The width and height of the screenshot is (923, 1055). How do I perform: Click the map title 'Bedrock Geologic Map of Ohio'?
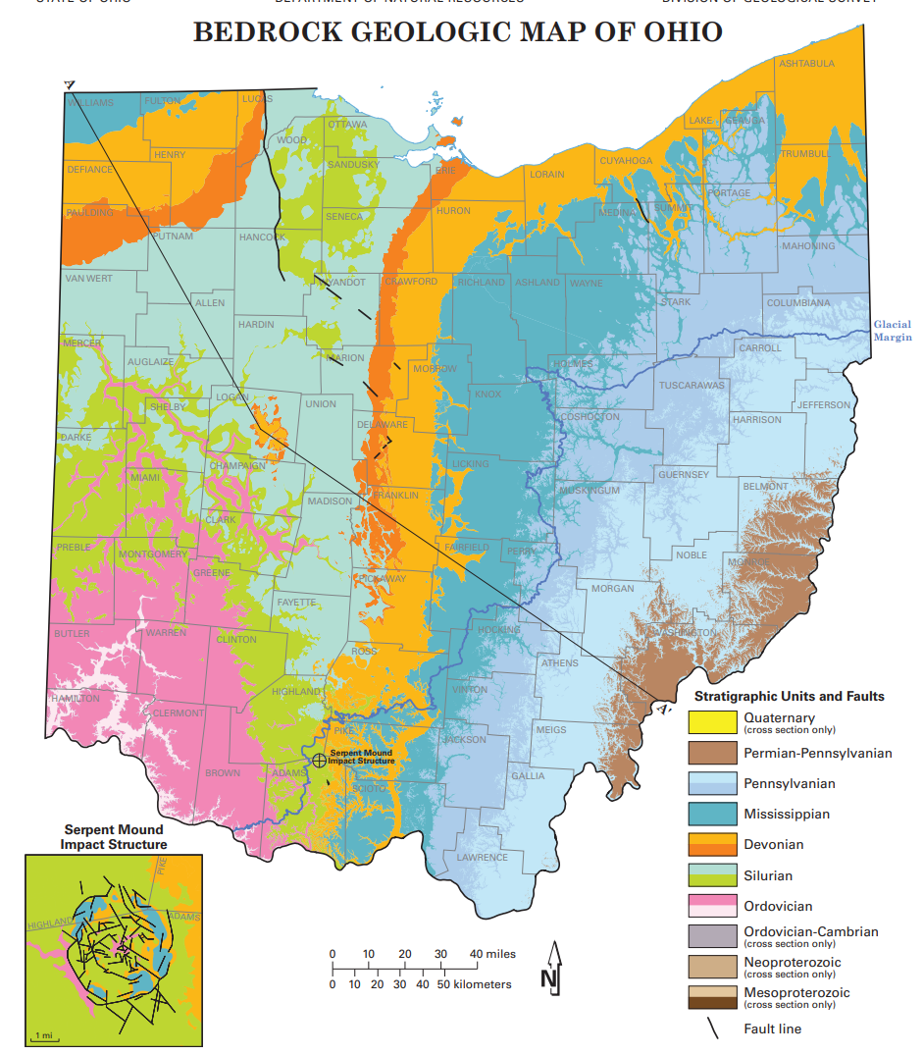[x=457, y=32]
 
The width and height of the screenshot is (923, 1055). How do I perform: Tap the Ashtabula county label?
[x=806, y=64]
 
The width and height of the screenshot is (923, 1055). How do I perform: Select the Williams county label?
[x=90, y=102]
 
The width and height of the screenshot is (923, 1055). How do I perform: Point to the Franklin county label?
[x=395, y=496]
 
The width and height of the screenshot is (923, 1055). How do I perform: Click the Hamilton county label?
[x=76, y=698]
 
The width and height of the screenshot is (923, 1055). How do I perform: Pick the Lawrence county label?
[x=483, y=857]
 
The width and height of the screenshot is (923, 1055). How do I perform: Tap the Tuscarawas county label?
[x=692, y=385]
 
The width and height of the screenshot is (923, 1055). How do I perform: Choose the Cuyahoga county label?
[x=626, y=160]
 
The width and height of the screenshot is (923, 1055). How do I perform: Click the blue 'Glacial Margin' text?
[x=893, y=331]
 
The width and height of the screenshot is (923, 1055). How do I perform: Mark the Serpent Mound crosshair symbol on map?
[x=319, y=760]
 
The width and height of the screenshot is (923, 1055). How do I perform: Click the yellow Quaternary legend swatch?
[x=712, y=722]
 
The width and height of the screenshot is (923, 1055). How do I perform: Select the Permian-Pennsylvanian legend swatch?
[x=712, y=753]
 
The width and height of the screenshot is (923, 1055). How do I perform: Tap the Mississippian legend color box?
[x=712, y=814]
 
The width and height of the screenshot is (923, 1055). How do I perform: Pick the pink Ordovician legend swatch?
[x=712, y=906]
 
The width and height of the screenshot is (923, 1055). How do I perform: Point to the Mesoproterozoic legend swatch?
[x=712, y=997]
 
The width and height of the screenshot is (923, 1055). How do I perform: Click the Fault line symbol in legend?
[x=714, y=1029]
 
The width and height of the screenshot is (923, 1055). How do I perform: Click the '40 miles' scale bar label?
[x=492, y=954]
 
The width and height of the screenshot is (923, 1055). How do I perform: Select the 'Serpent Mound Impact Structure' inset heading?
[x=114, y=837]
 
